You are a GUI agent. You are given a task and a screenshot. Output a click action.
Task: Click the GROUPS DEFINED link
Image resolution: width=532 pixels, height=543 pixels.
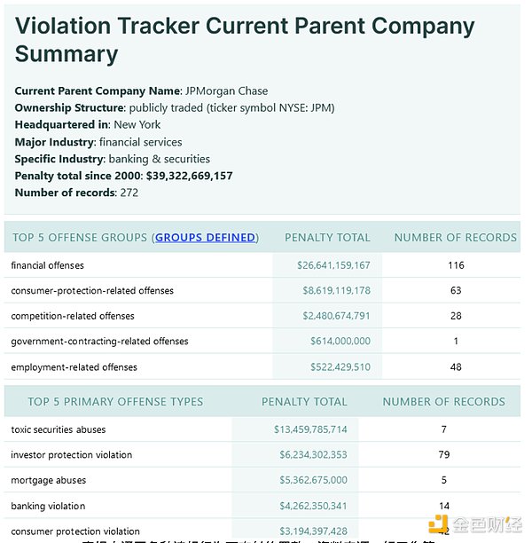206,238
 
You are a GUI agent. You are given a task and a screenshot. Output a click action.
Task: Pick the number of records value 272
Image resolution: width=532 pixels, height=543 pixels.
129,193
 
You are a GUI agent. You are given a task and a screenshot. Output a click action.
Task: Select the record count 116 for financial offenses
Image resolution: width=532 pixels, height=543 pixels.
456,265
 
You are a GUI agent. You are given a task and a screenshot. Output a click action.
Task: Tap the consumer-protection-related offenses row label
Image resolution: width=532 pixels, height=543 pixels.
92,291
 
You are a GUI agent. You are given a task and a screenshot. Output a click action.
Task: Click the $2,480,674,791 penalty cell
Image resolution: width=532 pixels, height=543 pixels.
336,316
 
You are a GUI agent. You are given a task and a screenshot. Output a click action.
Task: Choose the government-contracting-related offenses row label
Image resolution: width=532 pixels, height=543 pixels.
99,342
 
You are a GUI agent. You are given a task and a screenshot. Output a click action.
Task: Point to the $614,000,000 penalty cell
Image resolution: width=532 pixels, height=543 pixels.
340,342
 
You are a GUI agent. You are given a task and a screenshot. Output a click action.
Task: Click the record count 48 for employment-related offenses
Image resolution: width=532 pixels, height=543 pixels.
456,367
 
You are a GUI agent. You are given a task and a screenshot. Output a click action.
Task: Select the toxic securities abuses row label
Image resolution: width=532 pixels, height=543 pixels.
59,430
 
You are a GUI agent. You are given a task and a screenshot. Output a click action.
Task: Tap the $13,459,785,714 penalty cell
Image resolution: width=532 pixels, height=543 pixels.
310,430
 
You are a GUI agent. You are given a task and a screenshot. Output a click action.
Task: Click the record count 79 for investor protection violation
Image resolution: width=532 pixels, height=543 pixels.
444,455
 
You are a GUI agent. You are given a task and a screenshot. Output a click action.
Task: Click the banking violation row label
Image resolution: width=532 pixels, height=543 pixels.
48,507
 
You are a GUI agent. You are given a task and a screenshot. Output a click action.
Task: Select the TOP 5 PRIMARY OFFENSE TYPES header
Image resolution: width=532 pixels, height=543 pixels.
115,402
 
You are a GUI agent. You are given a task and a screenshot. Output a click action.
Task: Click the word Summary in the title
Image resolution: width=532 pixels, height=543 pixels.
66,54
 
